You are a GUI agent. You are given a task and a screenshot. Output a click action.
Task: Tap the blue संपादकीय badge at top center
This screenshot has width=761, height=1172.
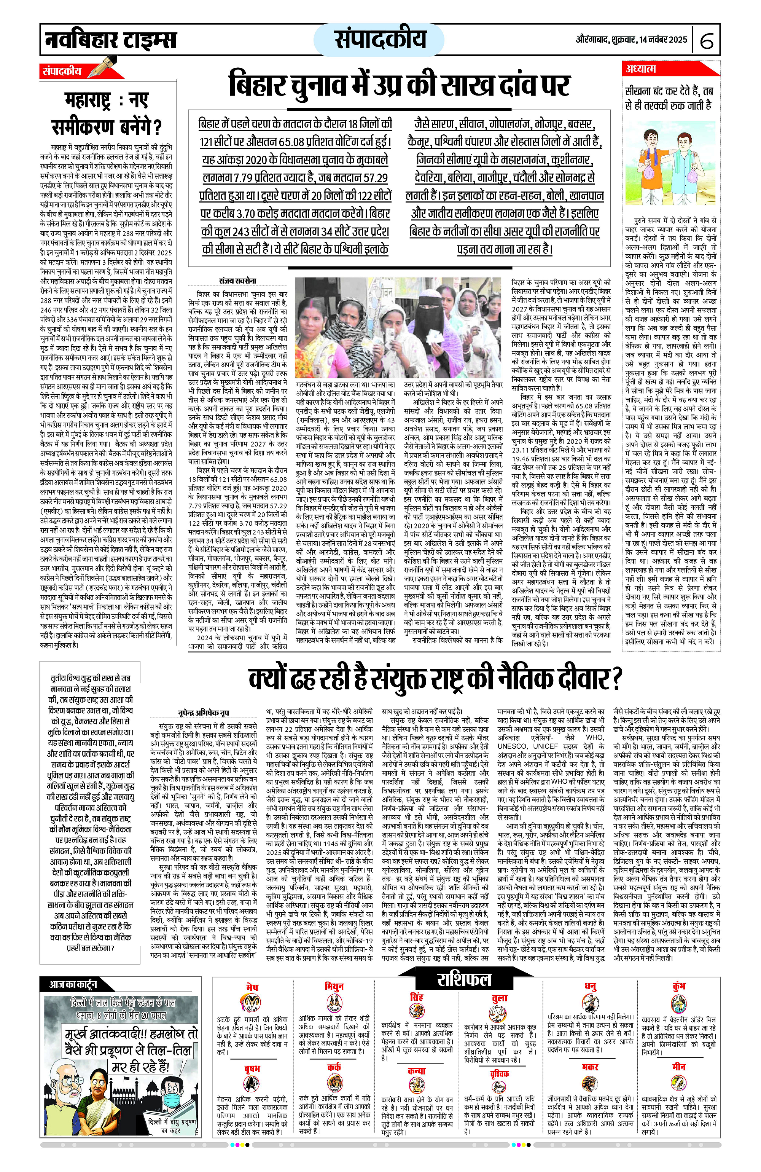[x=379, y=39]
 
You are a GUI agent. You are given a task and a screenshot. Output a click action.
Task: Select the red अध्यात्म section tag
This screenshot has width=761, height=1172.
[x=640, y=69]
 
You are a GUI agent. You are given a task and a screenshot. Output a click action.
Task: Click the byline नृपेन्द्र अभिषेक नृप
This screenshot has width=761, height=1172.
[x=203, y=713]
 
